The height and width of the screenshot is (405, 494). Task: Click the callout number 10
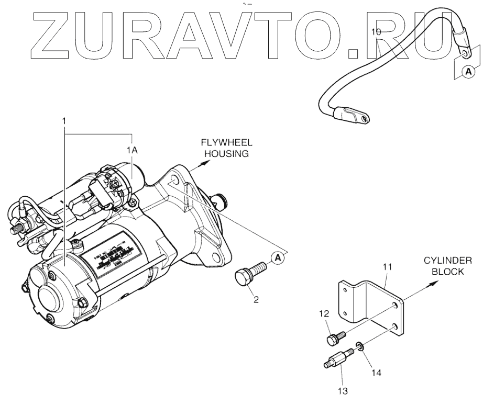(376, 32)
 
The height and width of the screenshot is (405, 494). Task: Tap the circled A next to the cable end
(469, 73)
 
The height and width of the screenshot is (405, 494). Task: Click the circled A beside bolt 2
(278, 257)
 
